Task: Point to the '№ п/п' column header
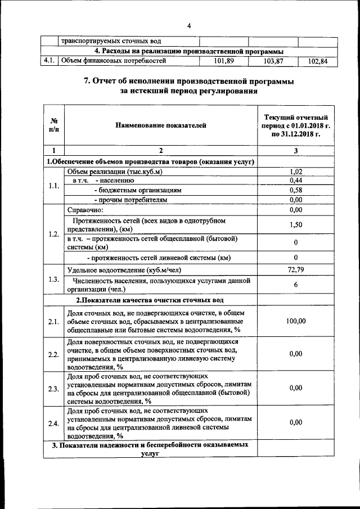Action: click(x=54, y=125)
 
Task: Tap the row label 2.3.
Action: click(x=54, y=389)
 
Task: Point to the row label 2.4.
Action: click(x=54, y=423)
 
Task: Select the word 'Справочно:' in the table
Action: click(x=82, y=209)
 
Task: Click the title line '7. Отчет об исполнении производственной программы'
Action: click(x=188, y=81)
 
